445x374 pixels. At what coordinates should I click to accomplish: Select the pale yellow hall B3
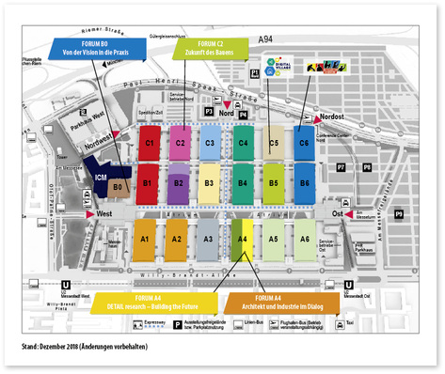coord(211,182)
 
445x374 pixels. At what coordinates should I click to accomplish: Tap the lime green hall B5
coord(273,182)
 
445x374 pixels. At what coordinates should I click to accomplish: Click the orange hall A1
coord(146,240)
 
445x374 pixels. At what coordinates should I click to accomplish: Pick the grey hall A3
coord(209,240)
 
